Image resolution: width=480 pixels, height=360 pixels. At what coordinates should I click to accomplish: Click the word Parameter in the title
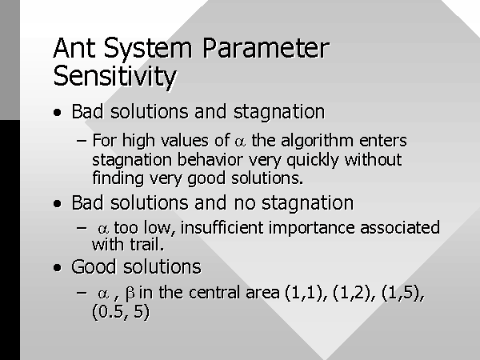coord(266,48)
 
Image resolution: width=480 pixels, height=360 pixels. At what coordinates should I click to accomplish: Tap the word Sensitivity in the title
coord(115,77)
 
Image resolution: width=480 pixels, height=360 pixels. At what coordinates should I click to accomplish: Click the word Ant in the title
coord(74,48)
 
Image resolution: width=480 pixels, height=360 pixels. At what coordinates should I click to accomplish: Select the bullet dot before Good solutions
coord(58,267)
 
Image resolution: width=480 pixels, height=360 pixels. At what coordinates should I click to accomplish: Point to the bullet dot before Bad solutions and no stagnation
coord(58,203)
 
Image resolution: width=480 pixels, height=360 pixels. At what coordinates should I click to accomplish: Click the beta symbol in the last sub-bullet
coord(130,294)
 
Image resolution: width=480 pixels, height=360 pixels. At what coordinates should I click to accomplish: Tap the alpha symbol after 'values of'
coord(240,142)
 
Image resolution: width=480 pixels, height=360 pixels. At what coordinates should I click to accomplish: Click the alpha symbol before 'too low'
coord(103,229)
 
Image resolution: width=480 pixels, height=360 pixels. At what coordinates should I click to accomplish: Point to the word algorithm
coord(317,142)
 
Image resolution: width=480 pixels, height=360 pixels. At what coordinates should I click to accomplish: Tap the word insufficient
coord(222,228)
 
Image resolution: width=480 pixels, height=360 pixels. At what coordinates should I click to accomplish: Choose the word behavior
coord(210,160)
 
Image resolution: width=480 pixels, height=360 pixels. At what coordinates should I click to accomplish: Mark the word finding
coord(118,178)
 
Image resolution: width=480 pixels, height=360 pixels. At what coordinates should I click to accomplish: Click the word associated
coord(400,228)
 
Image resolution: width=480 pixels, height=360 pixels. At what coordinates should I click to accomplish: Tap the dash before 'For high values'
coord(82,141)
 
